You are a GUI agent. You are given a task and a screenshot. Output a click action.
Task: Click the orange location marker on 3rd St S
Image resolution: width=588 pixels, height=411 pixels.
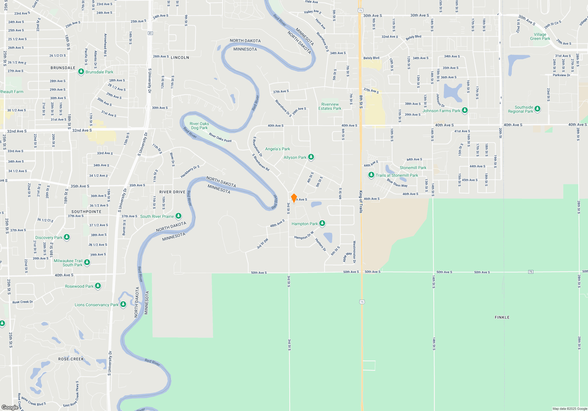point(294,198)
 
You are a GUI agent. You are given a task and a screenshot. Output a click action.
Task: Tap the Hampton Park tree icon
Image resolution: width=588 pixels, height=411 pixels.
point(322,223)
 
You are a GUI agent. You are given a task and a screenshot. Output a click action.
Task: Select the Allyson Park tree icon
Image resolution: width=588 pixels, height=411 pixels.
point(311,157)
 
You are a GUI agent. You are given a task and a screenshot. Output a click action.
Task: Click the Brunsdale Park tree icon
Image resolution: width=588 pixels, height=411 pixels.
point(81,72)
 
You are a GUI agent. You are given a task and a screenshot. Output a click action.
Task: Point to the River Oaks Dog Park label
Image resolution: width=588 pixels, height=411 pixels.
point(199,126)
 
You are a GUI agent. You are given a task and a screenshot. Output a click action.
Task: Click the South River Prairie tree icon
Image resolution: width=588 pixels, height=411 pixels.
point(178,216)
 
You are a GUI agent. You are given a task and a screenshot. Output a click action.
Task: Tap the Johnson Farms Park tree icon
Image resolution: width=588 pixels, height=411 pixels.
point(465,110)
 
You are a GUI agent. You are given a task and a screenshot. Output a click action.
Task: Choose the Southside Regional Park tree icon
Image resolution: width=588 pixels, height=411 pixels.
point(537,109)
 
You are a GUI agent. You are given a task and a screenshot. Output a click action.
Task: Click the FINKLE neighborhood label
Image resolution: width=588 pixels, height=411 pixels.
point(502,317)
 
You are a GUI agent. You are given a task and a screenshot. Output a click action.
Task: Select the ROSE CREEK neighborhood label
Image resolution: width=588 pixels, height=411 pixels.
point(71,359)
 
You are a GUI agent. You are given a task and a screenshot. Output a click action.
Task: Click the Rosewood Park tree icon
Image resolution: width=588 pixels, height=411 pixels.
point(98,286)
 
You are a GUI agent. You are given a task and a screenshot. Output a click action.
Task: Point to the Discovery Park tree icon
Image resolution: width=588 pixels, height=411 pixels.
point(67,237)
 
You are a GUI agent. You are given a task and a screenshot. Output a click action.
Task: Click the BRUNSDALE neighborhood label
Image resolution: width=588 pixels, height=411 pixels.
point(63,68)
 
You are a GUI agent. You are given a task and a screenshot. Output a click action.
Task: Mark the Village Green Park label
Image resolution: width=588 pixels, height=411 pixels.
point(540,36)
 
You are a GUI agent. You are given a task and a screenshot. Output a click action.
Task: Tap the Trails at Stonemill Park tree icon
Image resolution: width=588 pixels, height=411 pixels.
point(371,175)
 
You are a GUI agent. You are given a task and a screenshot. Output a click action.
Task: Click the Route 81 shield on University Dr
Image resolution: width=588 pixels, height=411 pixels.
point(151,33)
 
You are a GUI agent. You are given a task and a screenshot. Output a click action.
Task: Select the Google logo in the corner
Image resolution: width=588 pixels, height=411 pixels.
point(10,407)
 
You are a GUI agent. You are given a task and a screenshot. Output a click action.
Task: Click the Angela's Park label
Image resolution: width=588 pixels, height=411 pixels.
point(278,149)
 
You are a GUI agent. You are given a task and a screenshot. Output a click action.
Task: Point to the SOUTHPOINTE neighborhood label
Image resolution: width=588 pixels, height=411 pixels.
point(86,212)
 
